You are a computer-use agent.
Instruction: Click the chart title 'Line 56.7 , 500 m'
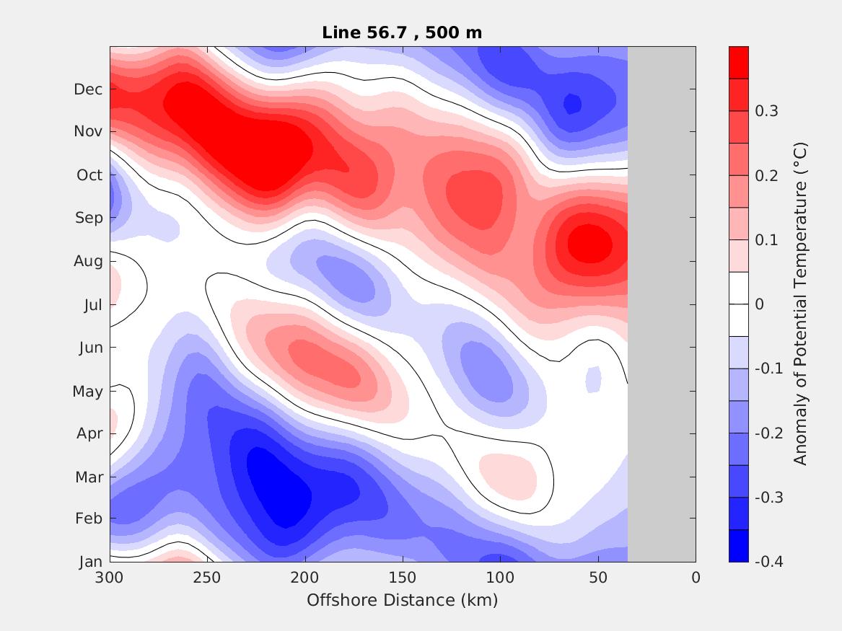click(402, 32)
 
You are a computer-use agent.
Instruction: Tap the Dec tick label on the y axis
click(88, 89)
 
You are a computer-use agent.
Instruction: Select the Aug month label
click(88, 261)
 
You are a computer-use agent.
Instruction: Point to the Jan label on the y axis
click(90, 562)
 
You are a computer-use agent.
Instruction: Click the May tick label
click(87, 392)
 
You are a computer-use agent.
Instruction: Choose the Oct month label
click(89, 175)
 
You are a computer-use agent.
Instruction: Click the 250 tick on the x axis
click(207, 578)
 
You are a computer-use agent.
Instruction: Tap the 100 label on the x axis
click(500, 578)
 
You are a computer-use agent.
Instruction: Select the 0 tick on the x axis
click(696, 578)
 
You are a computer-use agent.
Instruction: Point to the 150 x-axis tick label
click(403, 578)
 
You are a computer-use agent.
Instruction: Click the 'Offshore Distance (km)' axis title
click(402, 600)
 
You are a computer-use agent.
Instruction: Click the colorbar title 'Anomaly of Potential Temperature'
click(799, 304)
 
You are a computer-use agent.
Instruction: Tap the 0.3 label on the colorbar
click(766, 111)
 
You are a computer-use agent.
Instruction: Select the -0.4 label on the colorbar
click(768, 561)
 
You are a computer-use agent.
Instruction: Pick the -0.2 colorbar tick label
click(768, 433)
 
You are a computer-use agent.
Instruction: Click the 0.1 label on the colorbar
click(766, 239)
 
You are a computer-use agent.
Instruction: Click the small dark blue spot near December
click(572, 104)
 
